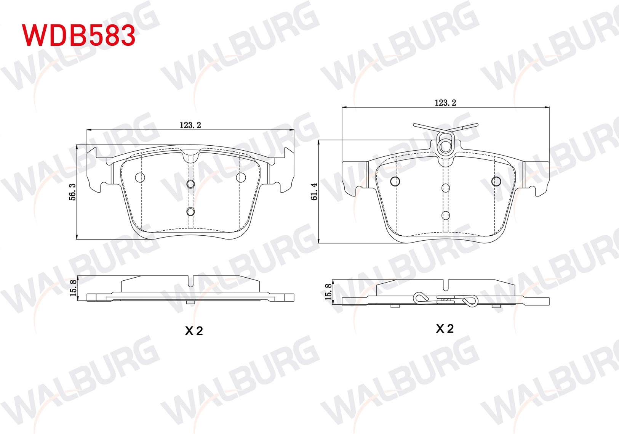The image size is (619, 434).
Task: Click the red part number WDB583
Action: pyautogui.click(x=79, y=35)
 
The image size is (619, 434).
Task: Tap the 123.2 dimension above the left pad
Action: pyautogui.click(x=190, y=125)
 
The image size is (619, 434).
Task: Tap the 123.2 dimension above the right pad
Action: pyautogui.click(x=445, y=103)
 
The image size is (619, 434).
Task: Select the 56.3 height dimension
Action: pyautogui.click(x=72, y=192)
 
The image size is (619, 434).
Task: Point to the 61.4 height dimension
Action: pyautogui.click(x=314, y=192)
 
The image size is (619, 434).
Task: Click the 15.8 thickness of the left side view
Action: pyautogui.click(x=73, y=288)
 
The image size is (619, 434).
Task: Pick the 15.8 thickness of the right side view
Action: pyautogui.click(x=328, y=292)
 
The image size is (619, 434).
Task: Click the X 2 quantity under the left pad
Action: pyautogui.click(x=194, y=331)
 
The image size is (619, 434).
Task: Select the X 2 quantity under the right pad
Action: pyautogui.click(x=445, y=329)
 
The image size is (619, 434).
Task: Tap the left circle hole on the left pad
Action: pyautogui.click(x=140, y=177)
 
